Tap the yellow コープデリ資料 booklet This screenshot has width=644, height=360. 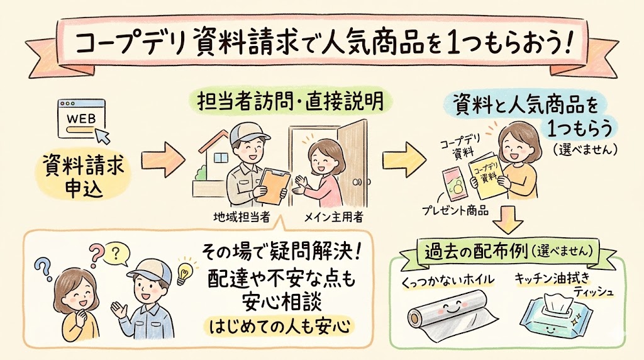[x=486, y=174]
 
